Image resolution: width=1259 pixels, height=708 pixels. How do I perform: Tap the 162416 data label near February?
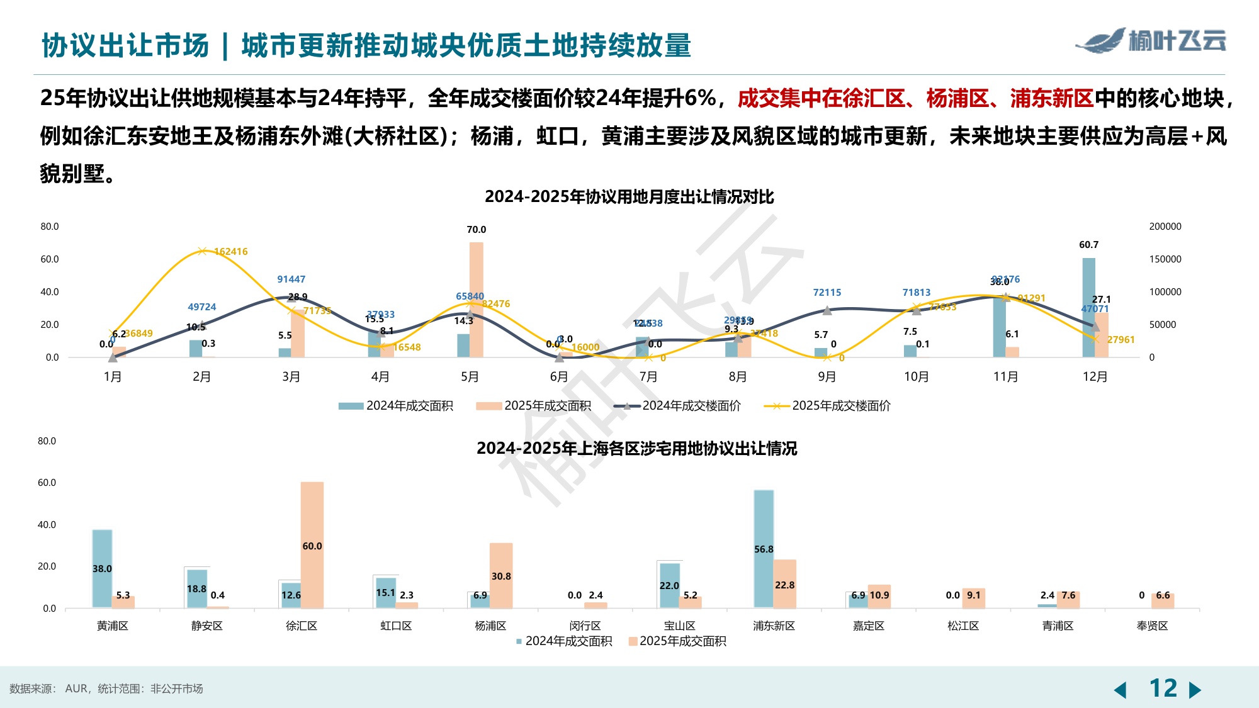[231, 252]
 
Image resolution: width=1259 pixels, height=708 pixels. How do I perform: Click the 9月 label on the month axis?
[827, 377]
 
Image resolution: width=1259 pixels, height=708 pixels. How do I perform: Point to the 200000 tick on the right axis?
[1165, 227]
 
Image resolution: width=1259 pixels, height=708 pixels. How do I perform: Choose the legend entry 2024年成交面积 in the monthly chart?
[396, 406]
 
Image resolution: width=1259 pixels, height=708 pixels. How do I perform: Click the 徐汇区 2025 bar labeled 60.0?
[312, 545]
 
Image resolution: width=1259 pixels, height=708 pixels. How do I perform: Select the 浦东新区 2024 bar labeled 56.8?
[764, 548]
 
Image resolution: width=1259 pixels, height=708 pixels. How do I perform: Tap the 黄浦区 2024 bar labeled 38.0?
[102, 568]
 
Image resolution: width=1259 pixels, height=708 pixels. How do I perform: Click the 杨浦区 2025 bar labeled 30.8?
[501, 575]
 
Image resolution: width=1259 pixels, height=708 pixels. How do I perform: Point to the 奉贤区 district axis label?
[1152, 626]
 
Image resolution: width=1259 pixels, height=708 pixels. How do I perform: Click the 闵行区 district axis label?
[585, 626]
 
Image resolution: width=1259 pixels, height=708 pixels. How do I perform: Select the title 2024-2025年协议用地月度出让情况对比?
[629, 197]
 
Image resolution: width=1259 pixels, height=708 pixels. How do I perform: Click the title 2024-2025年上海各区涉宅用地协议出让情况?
[636, 449]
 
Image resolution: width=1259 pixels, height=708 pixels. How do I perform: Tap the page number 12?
[1163, 688]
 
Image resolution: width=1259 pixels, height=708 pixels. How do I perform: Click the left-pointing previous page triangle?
[1121, 690]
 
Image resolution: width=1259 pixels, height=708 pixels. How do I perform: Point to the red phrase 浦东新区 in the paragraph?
[1052, 99]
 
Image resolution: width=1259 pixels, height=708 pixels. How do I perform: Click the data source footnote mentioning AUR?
[106, 688]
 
